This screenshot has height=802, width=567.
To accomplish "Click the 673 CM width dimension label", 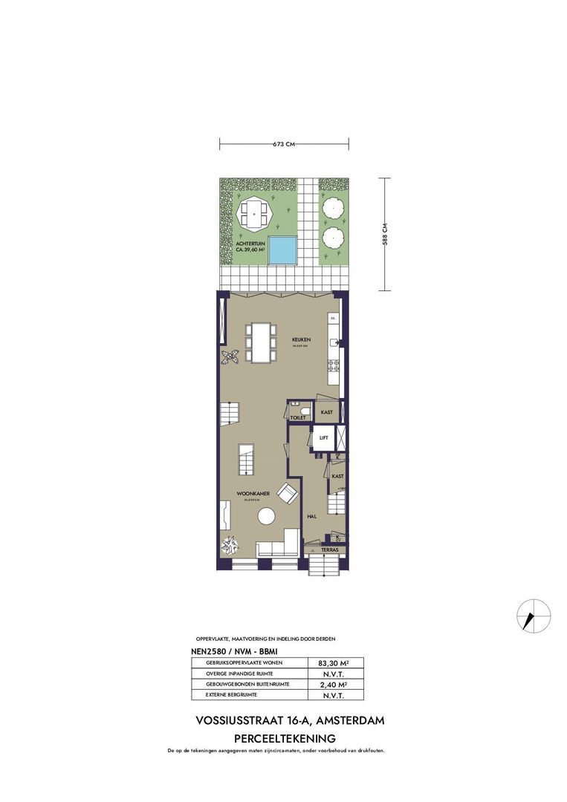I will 285,144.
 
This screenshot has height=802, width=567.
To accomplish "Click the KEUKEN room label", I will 301,341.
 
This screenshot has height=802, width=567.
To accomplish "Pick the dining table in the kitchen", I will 260,342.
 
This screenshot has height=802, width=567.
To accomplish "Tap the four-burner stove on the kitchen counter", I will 334,365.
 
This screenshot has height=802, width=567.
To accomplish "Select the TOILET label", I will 298,418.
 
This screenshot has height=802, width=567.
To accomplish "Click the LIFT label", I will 323,438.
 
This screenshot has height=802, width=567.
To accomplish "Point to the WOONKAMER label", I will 247,493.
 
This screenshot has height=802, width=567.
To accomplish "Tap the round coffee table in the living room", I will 265,517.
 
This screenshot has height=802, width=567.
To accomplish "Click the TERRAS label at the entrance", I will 330,550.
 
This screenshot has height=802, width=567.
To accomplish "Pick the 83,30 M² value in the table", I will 334,663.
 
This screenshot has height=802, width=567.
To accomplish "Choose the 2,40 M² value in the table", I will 334,685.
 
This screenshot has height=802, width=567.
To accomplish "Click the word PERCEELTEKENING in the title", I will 285,738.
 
